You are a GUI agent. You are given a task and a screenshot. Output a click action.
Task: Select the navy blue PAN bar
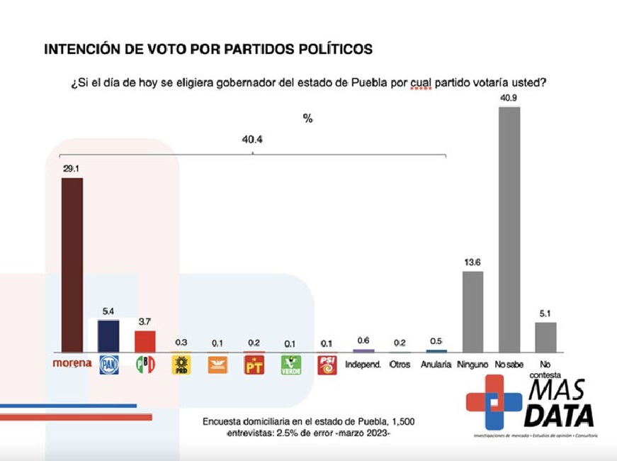tap(108, 335)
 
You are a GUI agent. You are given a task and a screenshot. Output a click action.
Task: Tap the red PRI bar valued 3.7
tap(145, 340)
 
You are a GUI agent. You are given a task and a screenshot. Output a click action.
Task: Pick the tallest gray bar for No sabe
tap(509, 228)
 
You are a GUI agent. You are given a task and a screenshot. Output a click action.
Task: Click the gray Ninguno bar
tap(472, 311)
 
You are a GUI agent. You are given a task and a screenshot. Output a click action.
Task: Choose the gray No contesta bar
tap(545, 336)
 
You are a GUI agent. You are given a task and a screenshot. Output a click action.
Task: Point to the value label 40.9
tap(508, 99)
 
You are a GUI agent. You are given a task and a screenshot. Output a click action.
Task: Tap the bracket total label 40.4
tap(252, 140)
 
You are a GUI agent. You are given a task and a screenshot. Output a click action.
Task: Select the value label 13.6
tap(472, 262)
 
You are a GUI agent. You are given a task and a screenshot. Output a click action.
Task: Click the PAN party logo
tap(108, 365)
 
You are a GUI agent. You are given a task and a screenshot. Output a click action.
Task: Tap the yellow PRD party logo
tap(181, 365)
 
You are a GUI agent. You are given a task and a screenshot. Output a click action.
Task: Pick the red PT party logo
tap(254, 365)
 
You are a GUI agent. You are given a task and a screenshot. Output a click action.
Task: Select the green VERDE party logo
tap(290, 365)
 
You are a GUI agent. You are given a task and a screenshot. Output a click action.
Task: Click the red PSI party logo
tap(327, 365)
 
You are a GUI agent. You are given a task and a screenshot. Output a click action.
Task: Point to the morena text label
tap(72, 363)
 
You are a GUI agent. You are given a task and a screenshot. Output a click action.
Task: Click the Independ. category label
tap(363, 364)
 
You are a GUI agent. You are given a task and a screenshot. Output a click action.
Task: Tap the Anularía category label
tap(436, 364)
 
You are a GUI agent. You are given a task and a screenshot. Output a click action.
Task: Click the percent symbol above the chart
tap(307, 118)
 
